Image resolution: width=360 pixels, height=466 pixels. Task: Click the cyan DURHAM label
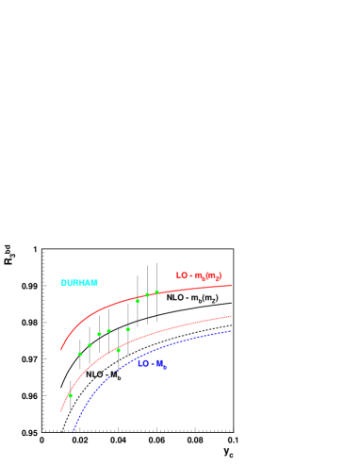(x=79, y=283)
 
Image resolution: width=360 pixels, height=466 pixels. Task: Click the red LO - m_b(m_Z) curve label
(x=199, y=275)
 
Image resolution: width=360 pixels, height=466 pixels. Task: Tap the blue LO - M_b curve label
(x=152, y=364)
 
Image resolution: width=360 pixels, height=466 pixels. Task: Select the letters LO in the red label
(x=182, y=275)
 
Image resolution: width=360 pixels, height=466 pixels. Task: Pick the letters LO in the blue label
(x=142, y=363)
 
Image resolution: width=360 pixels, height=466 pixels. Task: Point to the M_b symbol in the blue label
(x=161, y=364)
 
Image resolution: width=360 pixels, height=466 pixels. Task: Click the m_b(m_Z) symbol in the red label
(x=208, y=276)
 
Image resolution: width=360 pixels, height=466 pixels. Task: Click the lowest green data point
(x=71, y=395)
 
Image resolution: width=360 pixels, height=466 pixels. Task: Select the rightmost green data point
(x=156, y=292)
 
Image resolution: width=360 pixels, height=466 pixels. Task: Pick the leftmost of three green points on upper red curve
(x=138, y=301)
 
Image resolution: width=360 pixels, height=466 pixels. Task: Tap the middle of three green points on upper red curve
(x=147, y=294)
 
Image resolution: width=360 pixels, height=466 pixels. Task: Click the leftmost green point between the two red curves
(x=80, y=354)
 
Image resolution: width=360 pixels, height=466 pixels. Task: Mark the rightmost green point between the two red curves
(x=128, y=329)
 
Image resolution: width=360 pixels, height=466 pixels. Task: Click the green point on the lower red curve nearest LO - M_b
(x=118, y=350)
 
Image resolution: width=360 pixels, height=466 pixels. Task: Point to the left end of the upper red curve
(x=61, y=350)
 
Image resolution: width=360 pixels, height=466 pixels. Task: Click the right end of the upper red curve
(x=232, y=285)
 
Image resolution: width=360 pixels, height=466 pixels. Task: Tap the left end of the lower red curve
(x=61, y=411)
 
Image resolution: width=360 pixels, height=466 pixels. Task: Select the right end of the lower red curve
(x=231, y=316)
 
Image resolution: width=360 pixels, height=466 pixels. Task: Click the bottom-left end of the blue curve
(x=74, y=431)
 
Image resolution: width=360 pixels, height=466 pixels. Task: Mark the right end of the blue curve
(x=231, y=330)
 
